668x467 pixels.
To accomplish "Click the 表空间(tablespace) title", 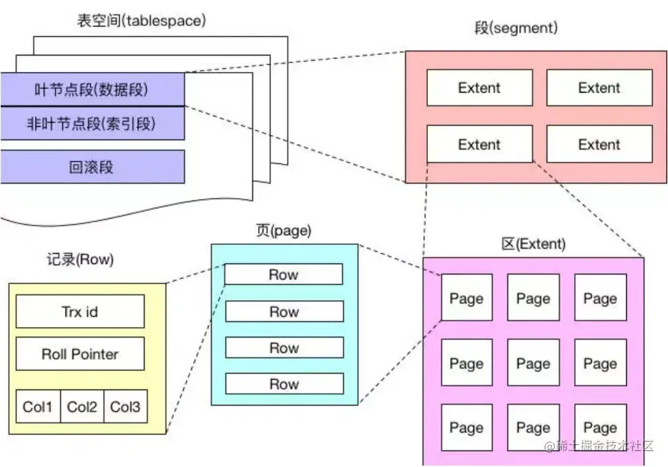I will [x=141, y=21].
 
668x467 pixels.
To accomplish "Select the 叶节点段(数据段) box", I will [x=92, y=89].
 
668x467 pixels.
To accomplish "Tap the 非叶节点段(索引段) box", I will [x=92, y=124].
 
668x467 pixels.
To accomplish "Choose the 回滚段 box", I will [x=92, y=167].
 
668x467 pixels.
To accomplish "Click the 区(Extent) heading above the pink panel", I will [x=534, y=244].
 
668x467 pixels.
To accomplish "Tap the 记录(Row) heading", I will [x=81, y=260].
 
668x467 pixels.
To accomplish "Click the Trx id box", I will [x=80, y=311].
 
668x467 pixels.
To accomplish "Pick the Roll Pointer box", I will [x=80, y=354].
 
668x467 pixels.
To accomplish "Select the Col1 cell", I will [x=38, y=407].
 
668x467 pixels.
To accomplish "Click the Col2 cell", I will [x=82, y=407].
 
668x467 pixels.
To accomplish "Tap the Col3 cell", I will [x=126, y=407].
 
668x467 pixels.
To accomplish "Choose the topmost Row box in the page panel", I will [x=284, y=274].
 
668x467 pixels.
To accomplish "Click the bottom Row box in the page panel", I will [x=284, y=384].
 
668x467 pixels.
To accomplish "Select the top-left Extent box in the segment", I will [x=479, y=88].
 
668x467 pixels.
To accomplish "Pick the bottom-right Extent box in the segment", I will [x=599, y=145].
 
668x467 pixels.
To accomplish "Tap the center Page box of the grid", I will [x=533, y=363].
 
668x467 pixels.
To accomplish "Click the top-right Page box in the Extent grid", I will [x=600, y=298].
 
